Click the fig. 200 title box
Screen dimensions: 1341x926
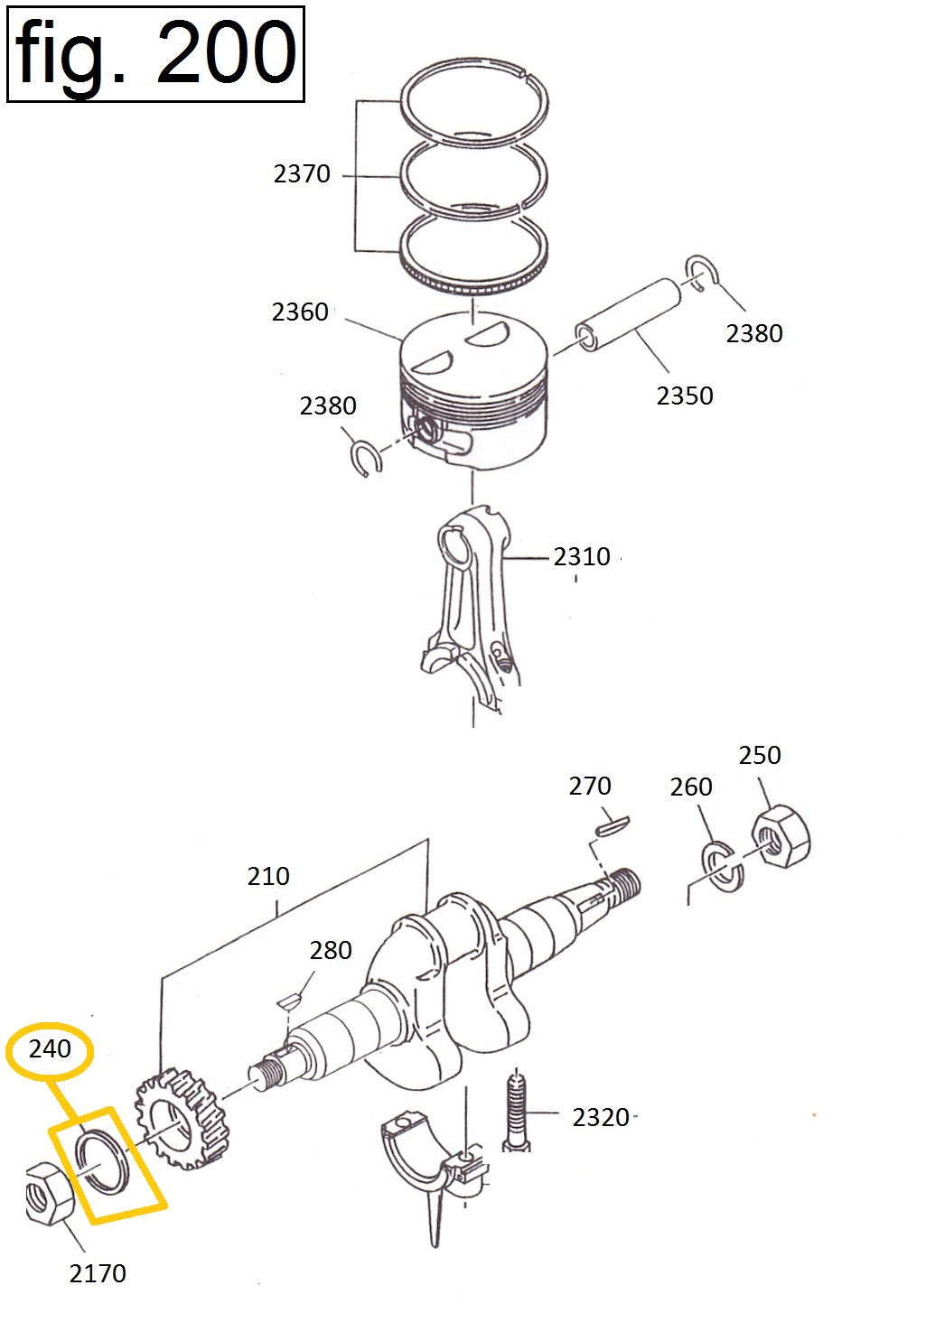155,53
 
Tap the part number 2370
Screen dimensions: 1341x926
302,173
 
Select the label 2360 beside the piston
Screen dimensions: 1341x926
300,312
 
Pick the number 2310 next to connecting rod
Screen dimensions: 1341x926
582,556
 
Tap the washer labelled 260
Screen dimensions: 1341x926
723,865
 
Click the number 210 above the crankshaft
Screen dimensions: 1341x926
268,876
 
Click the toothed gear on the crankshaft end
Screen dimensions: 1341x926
181,1118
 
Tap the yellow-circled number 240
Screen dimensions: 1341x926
50,1049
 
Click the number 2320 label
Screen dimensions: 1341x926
601,1118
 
